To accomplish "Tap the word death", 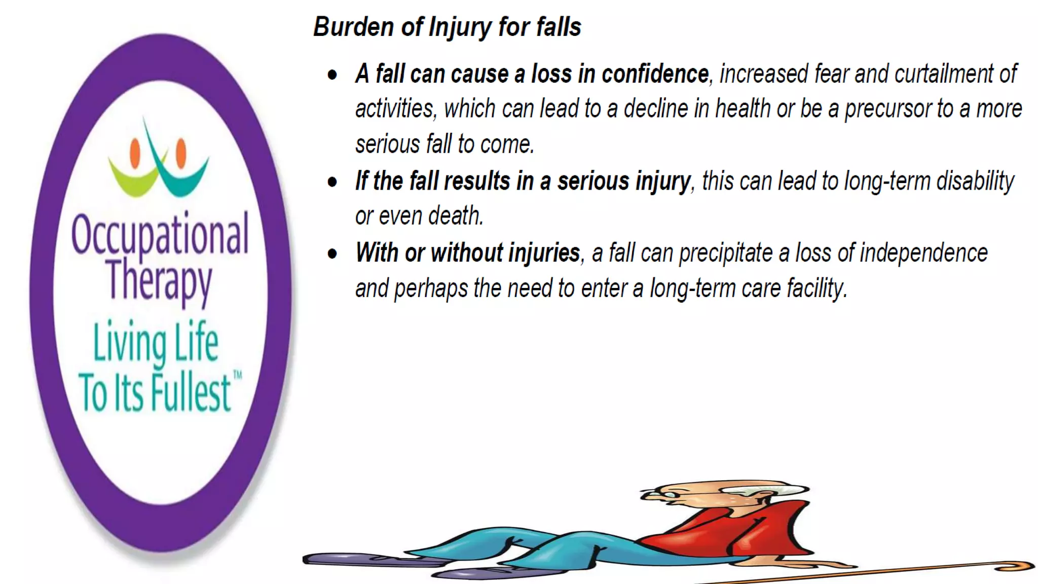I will (456, 216).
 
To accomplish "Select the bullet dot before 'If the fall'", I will (332, 182).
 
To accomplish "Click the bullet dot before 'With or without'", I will (332, 253).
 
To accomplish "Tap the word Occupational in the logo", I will (160, 234).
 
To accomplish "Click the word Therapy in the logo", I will (159, 280).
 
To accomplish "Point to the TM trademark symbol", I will (237, 376).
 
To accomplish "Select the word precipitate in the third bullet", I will (725, 253).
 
